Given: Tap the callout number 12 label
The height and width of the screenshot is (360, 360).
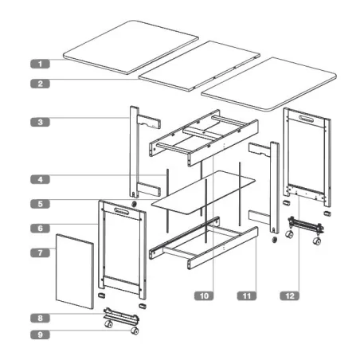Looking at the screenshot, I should click(289, 295).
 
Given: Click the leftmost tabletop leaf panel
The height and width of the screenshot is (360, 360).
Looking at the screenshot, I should click(131, 52).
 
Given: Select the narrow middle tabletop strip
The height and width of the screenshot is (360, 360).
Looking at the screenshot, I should click(201, 63).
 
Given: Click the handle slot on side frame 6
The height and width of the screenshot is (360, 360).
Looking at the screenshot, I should click(123, 213).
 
